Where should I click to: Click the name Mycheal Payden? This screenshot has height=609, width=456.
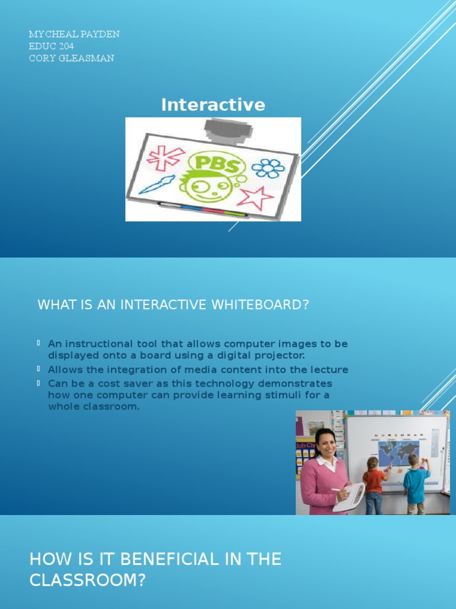[x=74, y=34]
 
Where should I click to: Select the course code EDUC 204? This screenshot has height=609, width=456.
[x=51, y=46]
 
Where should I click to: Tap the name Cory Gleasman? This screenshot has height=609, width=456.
[x=71, y=58]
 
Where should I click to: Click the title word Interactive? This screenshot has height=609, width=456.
[x=213, y=105]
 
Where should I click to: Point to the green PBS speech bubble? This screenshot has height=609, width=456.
[x=215, y=164]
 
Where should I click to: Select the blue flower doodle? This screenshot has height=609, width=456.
[x=268, y=168]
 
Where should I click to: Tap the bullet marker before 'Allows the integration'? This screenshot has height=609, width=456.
[x=39, y=369]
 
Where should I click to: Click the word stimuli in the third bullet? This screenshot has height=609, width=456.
[x=287, y=395]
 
